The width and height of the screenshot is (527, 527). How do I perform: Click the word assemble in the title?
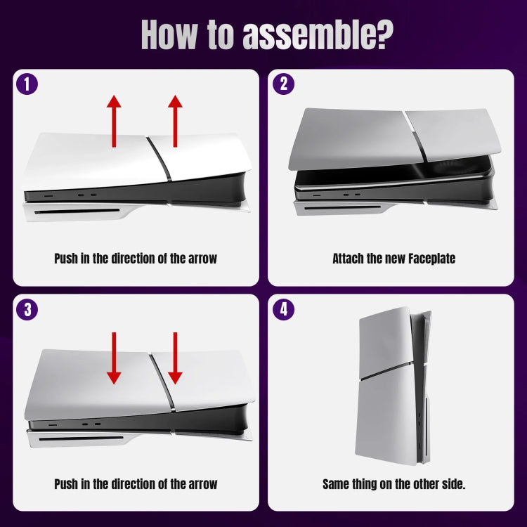(324, 34)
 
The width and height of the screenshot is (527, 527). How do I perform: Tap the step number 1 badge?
(27, 85)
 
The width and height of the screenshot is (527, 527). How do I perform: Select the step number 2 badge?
(283, 85)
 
